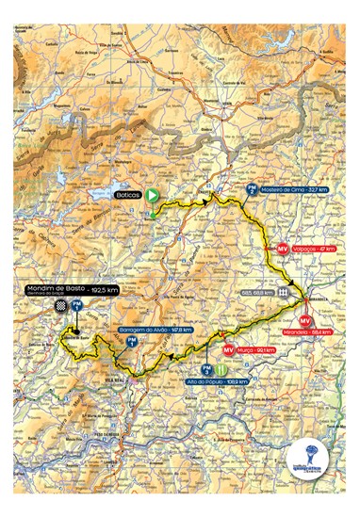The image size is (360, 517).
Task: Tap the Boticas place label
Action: coord(127,195)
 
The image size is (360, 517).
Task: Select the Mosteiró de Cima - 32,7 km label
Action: coord(291,189)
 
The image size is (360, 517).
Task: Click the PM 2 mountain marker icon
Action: coord(251,189)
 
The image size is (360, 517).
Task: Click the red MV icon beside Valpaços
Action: coord(282,249)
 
